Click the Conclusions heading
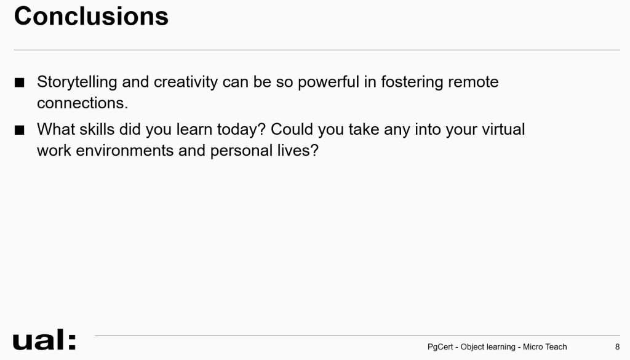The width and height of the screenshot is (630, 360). point(91,17)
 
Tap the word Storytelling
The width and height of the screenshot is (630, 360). point(77,82)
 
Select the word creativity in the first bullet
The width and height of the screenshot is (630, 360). point(186,82)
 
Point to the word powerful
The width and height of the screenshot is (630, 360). point(329,82)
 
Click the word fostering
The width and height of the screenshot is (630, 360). point(412,82)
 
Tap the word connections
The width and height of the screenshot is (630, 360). point(82,103)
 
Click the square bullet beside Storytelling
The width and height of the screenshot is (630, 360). point(19,82)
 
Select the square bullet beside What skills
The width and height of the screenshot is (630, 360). point(19,130)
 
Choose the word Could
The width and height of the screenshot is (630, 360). point(292,129)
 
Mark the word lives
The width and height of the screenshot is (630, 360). point(298,151)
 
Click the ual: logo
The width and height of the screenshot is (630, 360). point(44,340)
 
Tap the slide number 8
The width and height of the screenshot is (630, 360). point(617,346)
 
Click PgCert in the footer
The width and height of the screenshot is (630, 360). point(440,346)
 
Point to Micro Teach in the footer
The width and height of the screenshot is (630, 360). point(544,346)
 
